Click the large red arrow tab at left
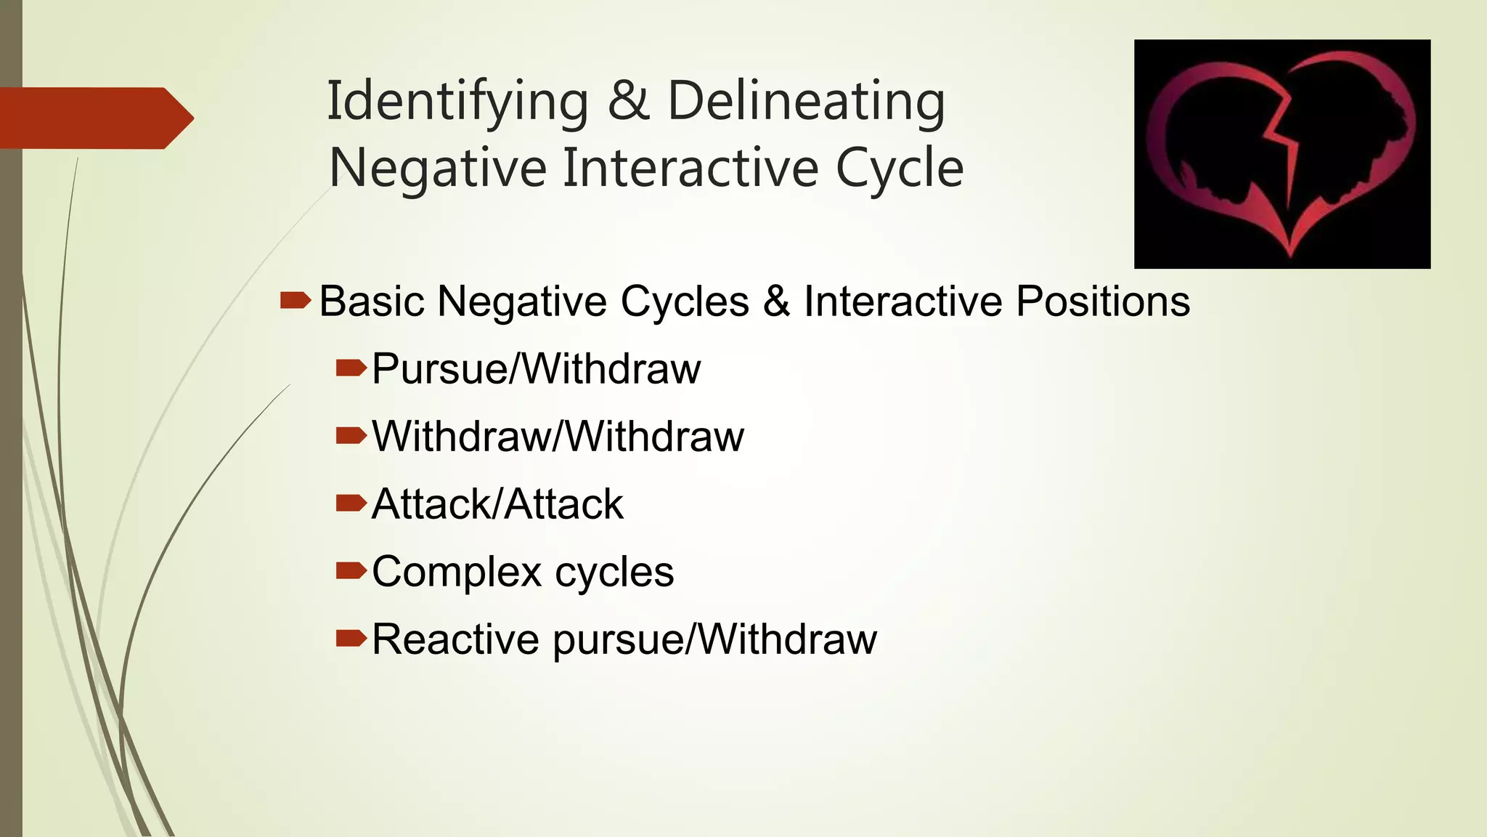click(x=94, y=118)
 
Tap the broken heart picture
click(x=1282, y=153)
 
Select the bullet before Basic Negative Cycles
click(x=295, y=300)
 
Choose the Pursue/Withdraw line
click(x=536, y=368)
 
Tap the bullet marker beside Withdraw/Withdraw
click(x=351, y=435)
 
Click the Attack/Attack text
click(x=497, y=504)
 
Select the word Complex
click(x=457, y=572)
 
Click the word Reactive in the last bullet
click(x=455, y=639)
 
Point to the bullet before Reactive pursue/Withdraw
click(x=351, y=639)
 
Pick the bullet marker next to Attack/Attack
click(x=351, y=503)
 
